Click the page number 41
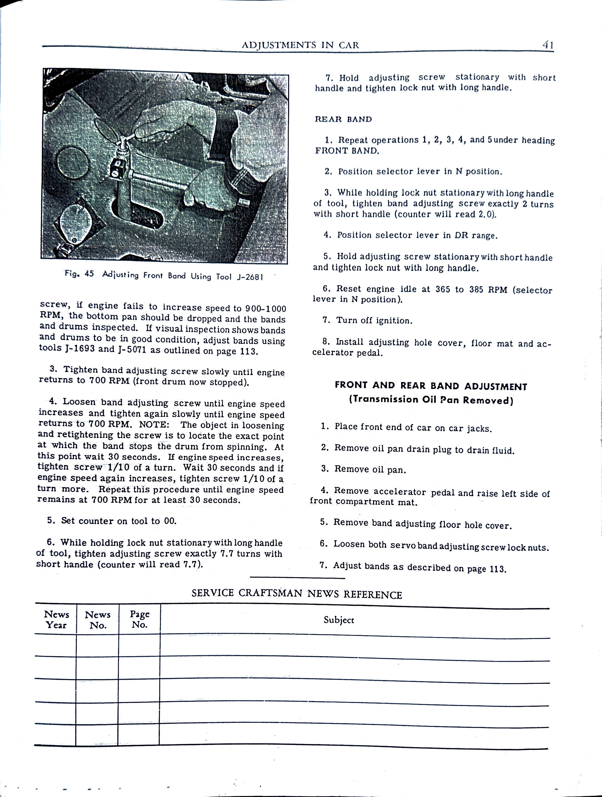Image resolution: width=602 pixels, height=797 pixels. coord(548,45)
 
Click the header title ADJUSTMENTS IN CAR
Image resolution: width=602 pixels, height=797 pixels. coord(300,45)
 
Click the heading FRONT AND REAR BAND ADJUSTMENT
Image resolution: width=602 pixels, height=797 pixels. coord(431,386)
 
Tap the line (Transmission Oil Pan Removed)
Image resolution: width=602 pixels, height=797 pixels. coord(431,400)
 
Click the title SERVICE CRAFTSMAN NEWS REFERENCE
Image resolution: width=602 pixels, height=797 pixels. coord(296,594)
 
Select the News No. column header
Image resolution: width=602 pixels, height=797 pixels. coord(98,620)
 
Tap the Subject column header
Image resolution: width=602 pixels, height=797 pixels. coord(338,620)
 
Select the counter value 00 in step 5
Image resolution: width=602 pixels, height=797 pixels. coord(170,521)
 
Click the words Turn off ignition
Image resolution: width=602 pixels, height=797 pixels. coord(374,320)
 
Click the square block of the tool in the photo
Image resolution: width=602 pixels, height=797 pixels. coord(118,169)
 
